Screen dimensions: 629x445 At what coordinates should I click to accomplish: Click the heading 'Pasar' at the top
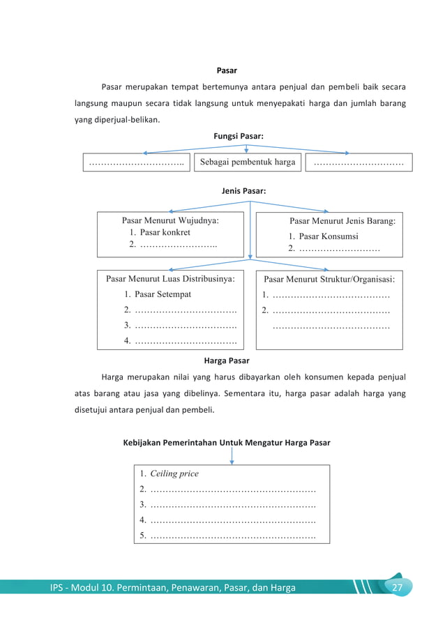pos(227,70)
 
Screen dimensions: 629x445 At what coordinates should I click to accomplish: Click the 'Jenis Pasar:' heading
pos(243,190)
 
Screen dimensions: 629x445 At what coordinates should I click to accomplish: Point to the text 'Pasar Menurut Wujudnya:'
pos(170,220)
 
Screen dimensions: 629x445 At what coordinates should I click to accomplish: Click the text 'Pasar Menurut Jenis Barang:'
pos(342,221)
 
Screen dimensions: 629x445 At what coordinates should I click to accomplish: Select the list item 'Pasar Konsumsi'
pos(328,236)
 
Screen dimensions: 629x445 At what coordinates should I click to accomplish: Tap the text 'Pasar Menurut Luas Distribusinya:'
pos(170,279)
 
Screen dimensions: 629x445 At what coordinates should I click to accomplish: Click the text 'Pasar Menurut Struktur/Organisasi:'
pos(329,279)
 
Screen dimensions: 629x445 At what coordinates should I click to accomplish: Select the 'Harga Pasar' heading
pos(226,361)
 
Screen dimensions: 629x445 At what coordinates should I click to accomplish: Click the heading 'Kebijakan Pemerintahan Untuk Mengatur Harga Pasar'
pos(226,442)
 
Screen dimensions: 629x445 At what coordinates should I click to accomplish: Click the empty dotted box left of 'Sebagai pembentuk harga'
pos(137,162)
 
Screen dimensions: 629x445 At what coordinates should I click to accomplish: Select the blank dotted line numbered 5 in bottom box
pos(232,536)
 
